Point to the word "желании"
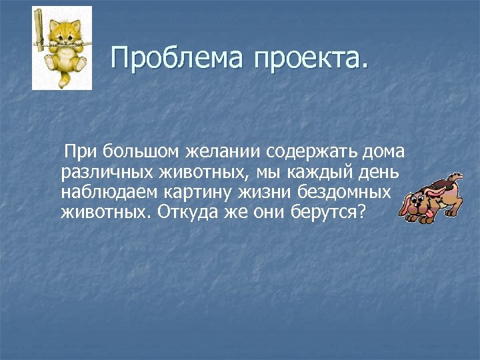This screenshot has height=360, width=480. [213, 153]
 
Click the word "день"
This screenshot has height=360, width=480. [377, 173]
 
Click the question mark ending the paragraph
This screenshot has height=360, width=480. [362, 212]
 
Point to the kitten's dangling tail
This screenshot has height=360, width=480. [67, 79]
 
